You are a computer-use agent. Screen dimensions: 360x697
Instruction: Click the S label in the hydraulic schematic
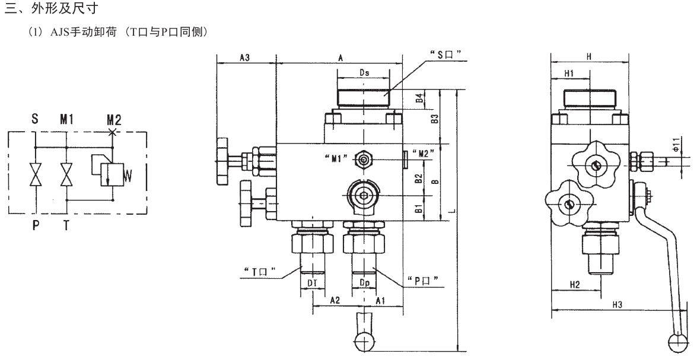[36, 119]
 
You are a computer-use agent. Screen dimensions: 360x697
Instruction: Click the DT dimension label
[313, 283]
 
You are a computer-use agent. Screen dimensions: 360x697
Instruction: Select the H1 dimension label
[569, 73]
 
